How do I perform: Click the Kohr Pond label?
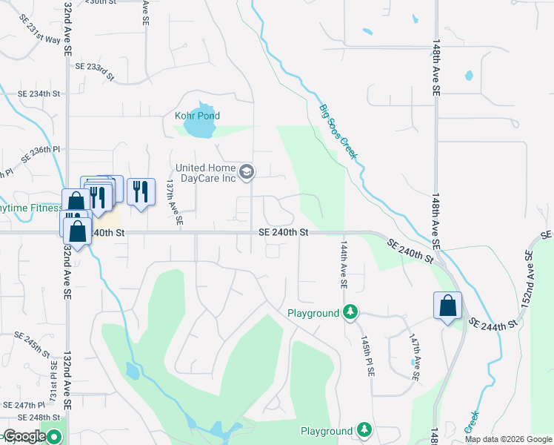(197, 116)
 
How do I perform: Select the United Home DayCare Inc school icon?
(248, 173)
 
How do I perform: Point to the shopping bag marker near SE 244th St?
(447, 306)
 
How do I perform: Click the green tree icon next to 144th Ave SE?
(350, 313)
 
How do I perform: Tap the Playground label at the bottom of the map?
(326, 431)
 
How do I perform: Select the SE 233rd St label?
(96, 70)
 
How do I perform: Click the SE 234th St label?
(38, 93)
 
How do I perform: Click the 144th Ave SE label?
(343, 263)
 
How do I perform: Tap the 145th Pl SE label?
(366, 357)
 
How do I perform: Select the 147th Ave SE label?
(414, 357)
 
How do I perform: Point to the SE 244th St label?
(493, 326)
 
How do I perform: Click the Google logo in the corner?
(24, 437)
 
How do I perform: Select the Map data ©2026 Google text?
(507, 439)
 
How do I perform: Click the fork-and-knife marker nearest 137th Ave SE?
(140, 192)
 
